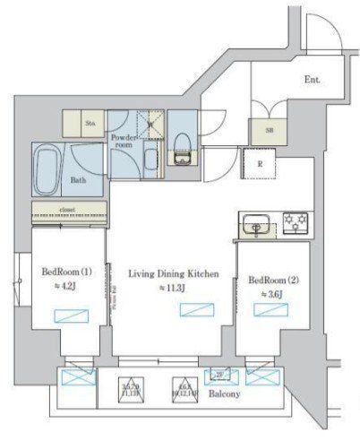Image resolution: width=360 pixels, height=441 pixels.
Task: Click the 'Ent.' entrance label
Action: [312, 80]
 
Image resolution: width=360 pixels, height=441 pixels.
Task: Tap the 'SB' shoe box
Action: [267, 129]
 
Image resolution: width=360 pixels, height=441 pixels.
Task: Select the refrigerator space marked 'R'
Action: [259, 164]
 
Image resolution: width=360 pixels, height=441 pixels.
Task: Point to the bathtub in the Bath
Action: [50, 165]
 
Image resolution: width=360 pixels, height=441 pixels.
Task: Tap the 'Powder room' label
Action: [124, 142]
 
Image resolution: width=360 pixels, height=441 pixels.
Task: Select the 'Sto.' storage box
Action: [90, 124]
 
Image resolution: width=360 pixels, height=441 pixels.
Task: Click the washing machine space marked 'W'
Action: [151, 126]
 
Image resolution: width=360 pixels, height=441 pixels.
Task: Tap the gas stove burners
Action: [295, 223]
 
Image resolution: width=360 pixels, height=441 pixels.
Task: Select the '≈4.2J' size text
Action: [63, 289]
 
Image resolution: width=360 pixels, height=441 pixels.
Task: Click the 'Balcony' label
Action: [224, 393]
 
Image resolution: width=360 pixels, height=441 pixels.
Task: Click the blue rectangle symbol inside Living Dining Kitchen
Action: [193, 309]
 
